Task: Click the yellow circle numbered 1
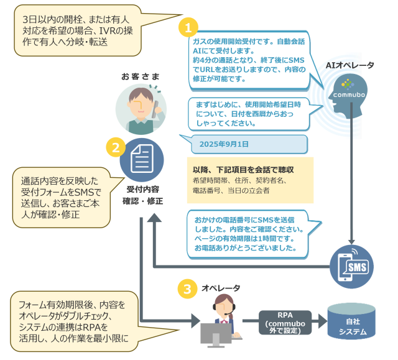(x=188, y=28)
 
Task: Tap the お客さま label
(x=140, y=76)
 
